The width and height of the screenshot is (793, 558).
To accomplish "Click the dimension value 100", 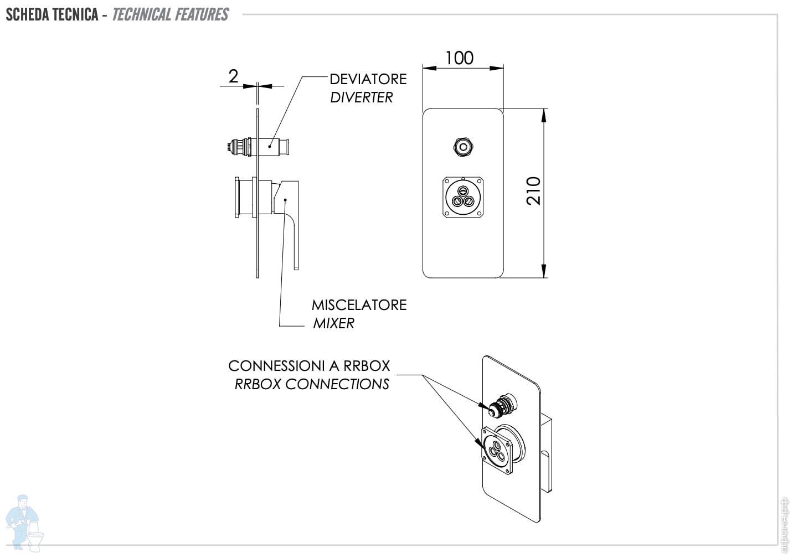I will (x=459, y=58).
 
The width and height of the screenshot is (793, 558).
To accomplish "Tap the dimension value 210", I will (x=533, y=191).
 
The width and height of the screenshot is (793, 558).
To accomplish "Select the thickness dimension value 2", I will (x=233, y=76).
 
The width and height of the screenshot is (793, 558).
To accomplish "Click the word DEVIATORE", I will (x=368, y=79).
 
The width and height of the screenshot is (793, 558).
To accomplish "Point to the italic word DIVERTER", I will (x=361, y=97).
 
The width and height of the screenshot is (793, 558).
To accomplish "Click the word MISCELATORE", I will (x=359, y=305).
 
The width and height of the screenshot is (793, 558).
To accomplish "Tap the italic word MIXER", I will (x=333, y=323).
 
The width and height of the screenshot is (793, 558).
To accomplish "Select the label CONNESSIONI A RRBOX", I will (x=309, y=366).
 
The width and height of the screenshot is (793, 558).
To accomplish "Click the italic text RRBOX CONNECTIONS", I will (x=312, y=384).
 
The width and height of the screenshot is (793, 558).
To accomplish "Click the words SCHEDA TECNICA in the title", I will (x=52, y=14).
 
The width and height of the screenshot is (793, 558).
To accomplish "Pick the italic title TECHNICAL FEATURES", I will (x=170, y=14).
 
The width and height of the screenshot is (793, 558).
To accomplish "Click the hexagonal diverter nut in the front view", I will (x=463, y=147).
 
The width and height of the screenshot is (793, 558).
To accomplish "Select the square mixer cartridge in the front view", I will (x=463, y=197).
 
